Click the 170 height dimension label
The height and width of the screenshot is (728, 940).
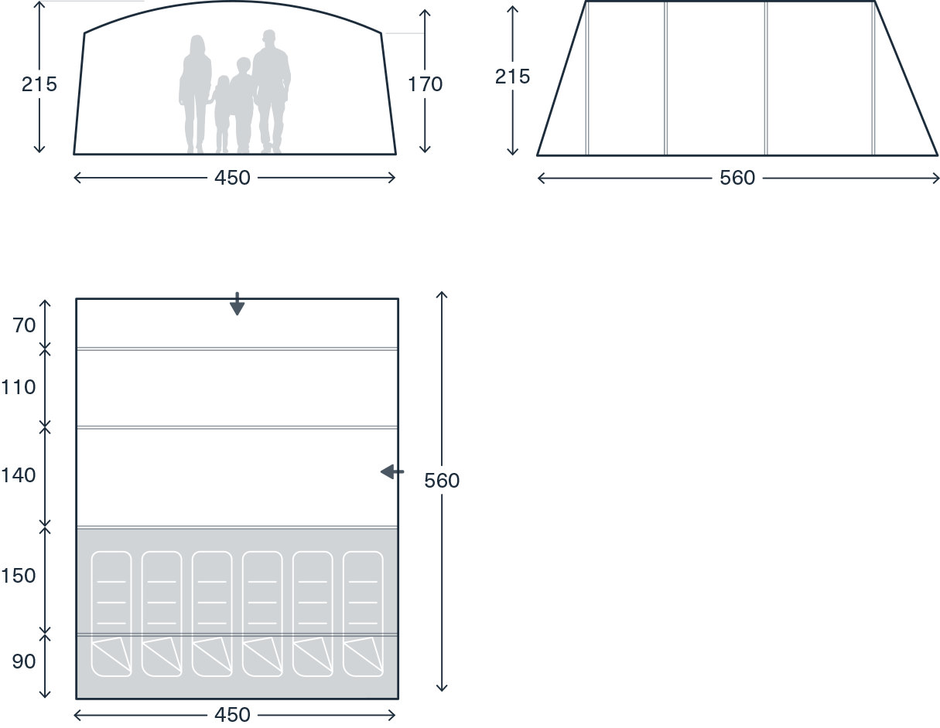(x=426, y=84)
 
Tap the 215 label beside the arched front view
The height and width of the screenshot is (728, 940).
(x=39, y=84)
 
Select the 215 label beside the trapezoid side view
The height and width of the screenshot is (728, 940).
(x=513, y=77)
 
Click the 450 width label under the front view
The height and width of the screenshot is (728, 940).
(x=232, y=178)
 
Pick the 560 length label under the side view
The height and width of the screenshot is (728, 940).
(x=737, y=178)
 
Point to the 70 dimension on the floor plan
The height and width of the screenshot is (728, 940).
(x=24, y=325)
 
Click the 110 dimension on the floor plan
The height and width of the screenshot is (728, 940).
(x=18, y=387)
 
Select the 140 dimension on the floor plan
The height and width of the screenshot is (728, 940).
(x=18, y=475)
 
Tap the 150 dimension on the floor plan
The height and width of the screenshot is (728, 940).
(x=18, y=576)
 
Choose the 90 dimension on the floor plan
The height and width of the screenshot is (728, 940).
(x=24, y=662)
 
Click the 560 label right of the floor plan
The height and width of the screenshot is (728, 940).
(x=442, y=481)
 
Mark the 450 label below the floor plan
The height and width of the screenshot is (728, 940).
(x=232, y=715)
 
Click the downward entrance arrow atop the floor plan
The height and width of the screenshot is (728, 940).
(x=237, y=304)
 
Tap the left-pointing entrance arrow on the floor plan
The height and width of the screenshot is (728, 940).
(x=392, y=471)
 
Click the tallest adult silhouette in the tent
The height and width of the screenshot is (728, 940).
(x=272, y=90)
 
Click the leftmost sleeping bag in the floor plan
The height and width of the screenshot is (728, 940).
(x=111, y=614)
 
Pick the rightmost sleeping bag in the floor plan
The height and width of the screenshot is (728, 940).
(x=363, y=614)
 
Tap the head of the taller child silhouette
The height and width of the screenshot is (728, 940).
(x=244, y=65)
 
